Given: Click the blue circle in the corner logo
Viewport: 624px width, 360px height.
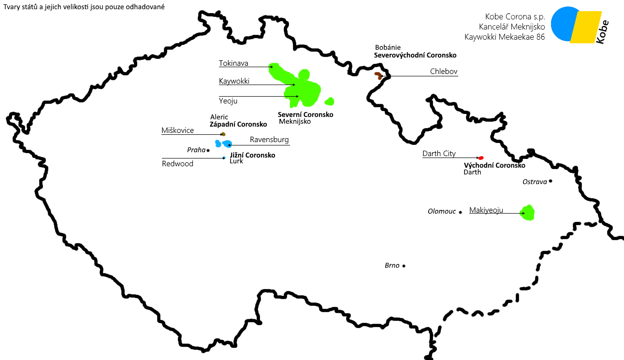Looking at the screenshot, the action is (x=562, y=23).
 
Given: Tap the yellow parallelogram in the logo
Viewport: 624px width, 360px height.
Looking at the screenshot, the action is (x=586, y=27).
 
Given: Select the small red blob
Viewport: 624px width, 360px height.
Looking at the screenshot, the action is (x=481, y=158).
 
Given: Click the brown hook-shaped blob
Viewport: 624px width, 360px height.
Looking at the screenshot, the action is (x=377, y=74).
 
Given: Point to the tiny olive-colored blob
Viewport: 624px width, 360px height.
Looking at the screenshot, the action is (x=223, y=134).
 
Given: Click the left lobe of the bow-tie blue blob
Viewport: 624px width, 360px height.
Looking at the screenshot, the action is (x=218, y=144).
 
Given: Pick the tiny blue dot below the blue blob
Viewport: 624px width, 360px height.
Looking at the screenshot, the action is (x=224, y=158).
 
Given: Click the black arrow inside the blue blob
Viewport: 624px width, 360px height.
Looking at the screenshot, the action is (x=223, y=144).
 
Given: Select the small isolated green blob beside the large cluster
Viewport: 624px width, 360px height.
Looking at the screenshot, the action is (x=330, y=101).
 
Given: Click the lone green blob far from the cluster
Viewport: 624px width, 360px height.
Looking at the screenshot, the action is (x=528, y=213).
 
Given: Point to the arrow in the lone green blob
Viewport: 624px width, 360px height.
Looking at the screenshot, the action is (x=522, y=213).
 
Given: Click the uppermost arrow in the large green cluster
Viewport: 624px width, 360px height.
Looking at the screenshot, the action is (x=271, y=67).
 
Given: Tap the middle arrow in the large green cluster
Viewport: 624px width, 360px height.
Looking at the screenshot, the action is (x=292, y=85).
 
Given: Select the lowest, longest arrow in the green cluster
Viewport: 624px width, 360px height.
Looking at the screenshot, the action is (x=291, y=97).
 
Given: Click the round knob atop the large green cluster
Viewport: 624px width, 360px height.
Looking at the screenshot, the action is (x=304, y=74).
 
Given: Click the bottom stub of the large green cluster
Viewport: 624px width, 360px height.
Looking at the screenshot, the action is (x=292, y=104).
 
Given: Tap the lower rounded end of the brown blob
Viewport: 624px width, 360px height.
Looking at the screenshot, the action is (x=380, y=78).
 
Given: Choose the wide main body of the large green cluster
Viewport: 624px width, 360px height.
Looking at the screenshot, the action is (x=309, y=93).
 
